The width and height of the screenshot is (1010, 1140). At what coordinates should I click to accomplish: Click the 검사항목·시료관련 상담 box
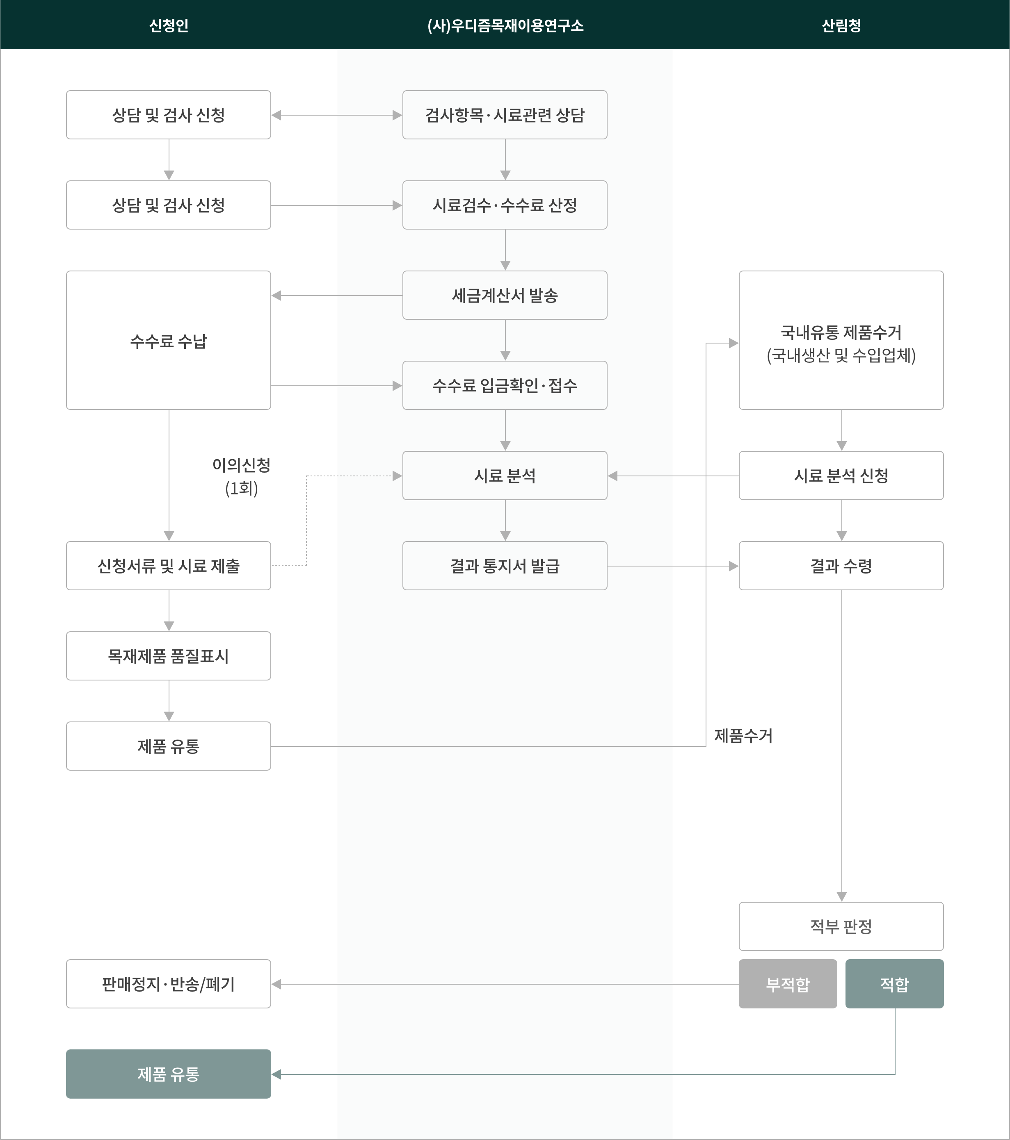pos(505,115)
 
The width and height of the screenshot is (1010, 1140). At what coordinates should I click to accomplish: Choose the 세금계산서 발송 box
pos(505,295)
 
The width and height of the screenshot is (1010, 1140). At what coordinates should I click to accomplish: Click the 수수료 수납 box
pos(169,340)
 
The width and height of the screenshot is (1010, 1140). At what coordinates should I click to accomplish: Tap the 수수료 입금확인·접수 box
pos(505,385)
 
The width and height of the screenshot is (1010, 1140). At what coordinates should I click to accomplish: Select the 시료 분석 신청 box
pos(841,476)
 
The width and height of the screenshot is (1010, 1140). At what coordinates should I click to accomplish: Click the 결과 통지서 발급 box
pos(505,566)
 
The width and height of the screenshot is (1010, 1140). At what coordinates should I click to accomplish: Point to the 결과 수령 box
pos(841,566)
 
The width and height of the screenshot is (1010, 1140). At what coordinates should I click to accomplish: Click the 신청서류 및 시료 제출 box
pos(169,566)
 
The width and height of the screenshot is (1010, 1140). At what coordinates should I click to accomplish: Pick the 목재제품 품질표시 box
pos(169,656)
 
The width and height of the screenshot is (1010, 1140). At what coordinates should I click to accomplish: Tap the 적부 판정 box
pos(841,926)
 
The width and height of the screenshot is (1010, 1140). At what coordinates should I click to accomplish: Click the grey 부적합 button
pos(788,984)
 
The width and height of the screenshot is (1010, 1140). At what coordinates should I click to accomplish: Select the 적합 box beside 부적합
pos(894,984)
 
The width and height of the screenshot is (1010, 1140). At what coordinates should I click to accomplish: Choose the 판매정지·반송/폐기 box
pos(169,984)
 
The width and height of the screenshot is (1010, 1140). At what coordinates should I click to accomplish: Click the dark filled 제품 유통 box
pos(169,1074)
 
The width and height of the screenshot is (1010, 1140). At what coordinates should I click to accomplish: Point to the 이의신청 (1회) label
pos(241,476)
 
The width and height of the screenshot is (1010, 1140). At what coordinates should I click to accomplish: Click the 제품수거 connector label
pos(743,736)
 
